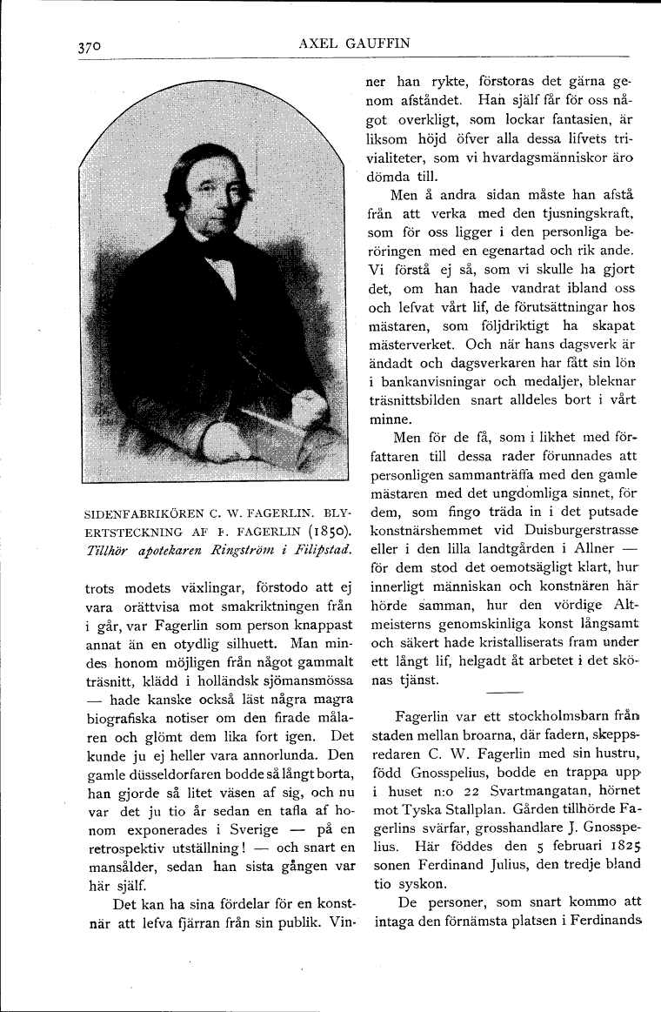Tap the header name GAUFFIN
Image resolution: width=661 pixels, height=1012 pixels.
pos(379,44)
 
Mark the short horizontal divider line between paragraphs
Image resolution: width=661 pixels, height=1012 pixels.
pos(504,693)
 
